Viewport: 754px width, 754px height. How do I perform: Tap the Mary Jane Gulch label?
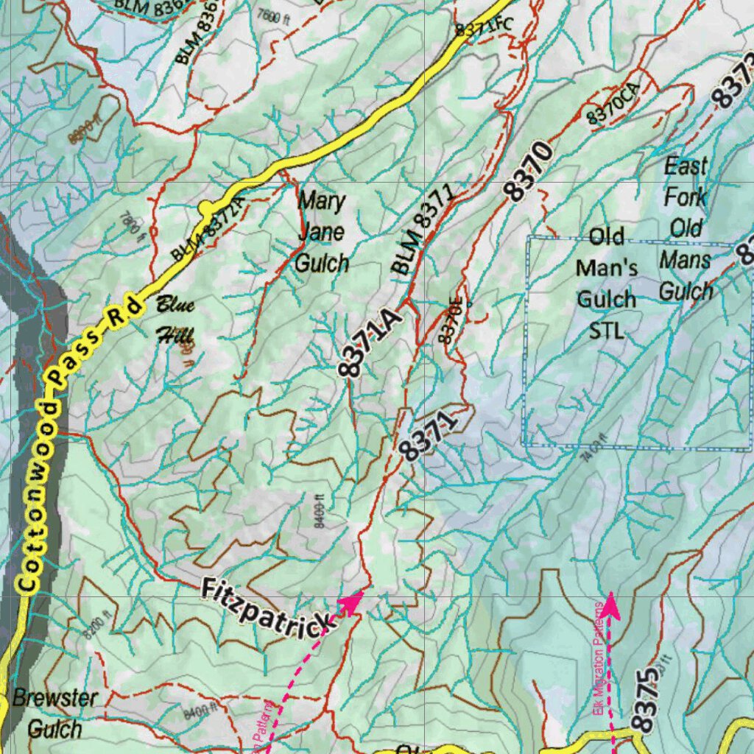pos(322,231)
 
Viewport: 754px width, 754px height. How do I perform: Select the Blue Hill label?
pos(175,320)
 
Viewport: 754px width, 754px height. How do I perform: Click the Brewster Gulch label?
pos(55,714)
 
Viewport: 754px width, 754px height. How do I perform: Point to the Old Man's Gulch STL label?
pos(607,283)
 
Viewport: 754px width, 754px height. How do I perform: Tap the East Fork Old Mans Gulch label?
pos(686,228)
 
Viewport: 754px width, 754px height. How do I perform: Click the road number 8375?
pos(644,700)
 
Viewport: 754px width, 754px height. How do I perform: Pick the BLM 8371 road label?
pos(423,230)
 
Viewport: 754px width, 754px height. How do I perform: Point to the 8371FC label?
pos(483,27)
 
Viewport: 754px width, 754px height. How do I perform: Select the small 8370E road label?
pos(452,321)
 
